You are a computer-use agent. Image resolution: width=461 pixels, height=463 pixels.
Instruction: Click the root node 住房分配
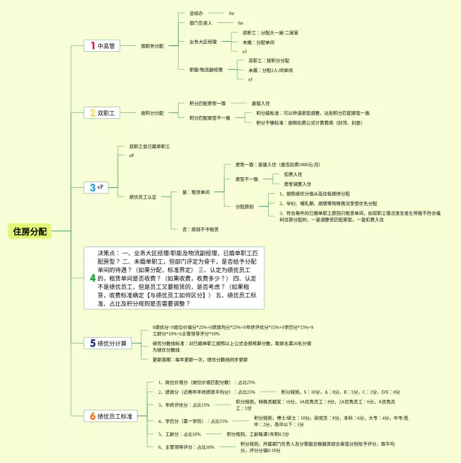[x=30, y=231]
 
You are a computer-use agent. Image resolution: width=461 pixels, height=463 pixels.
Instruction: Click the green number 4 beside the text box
[x=92, y=278]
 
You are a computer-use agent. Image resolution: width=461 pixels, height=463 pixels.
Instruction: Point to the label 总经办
[x=197, y=13]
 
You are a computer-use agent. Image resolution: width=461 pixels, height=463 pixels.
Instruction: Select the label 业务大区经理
[x=203, y=42]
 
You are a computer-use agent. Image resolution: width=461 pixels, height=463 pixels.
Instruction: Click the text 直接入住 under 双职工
[x=260, y=103]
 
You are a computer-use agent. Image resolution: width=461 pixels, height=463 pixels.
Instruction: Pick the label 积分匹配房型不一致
[x=210, y=117]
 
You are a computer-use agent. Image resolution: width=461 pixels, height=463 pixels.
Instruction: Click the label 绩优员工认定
[x=143, y=197]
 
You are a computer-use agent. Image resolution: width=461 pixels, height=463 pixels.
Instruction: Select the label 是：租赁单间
[x=196, y=192]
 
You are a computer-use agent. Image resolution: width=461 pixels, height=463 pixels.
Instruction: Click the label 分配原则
[x=244, y=206]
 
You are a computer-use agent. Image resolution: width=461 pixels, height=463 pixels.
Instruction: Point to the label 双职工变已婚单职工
[x=150, y=146]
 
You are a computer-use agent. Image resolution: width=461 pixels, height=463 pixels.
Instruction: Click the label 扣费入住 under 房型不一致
[x=292, y=174]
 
